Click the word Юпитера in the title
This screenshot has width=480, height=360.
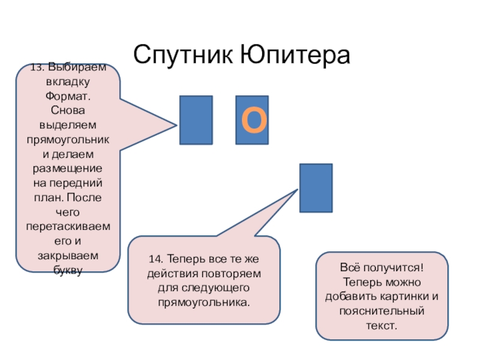(294, 55)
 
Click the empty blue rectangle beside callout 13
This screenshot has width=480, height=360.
(196, 120)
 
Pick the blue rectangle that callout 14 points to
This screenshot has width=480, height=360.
(316, 188)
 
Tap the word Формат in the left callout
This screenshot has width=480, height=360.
(68, 96)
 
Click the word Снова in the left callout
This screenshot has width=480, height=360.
(68, 110)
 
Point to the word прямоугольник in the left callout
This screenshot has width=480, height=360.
(68, 139)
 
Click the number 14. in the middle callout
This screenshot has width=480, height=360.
(157, 260)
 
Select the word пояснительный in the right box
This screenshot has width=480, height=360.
(382, 311)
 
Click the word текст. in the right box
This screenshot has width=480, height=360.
(382, 325)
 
